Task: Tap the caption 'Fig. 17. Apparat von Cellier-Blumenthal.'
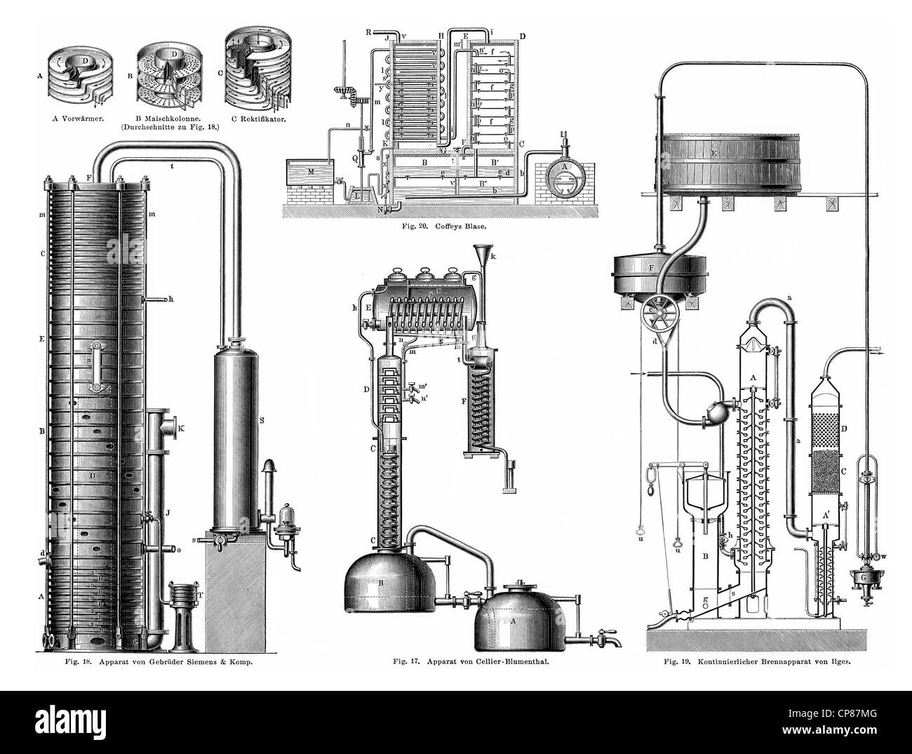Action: coord(457,660)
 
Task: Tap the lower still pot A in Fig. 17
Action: coord(517,618)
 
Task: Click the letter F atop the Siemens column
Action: coord(88,177)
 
